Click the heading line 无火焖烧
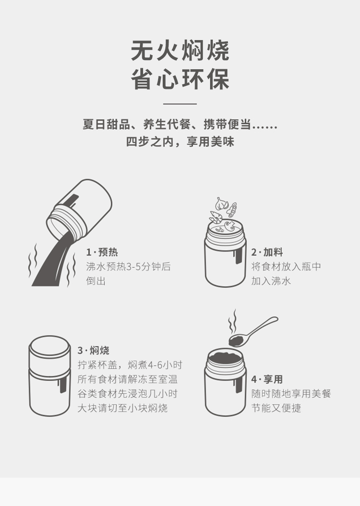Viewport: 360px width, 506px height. (x=180, y=51)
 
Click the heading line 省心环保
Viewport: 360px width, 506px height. (x=180, y=79)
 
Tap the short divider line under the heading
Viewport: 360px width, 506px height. (x=180, y=104)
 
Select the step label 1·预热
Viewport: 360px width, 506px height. (x=102, y=252)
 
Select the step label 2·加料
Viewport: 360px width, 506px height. (x=267, y=252)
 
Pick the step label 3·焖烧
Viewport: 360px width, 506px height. (x=93, y=350)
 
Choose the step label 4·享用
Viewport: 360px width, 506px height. (x=267, y=379)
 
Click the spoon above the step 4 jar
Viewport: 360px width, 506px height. (x=253, y=332)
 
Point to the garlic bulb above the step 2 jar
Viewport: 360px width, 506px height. (x=222, y=203)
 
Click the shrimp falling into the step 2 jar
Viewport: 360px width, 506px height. (x=215, y=217)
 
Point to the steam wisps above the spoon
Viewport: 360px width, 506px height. (x=232, y=322)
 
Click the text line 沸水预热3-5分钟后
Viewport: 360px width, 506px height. (x=128, y=266)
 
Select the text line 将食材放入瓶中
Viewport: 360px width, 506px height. (x=286, y=266)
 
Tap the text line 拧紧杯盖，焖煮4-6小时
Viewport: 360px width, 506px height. (x=130, y=365)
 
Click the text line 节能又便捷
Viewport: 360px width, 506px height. (x=276, y=408)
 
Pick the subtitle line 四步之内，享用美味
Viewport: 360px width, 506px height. (x=180, y=142)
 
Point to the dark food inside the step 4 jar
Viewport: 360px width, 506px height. (x=225, y=357)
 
